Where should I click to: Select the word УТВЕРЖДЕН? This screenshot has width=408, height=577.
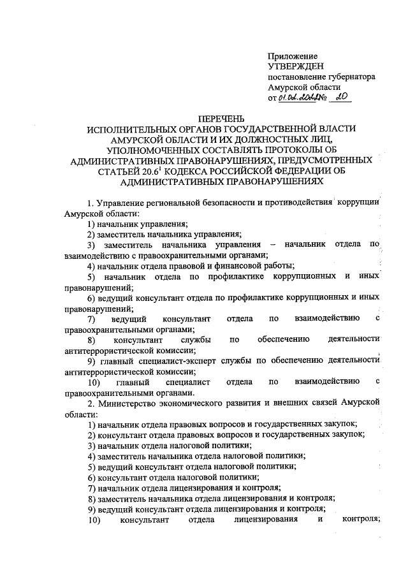coord(296,67)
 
